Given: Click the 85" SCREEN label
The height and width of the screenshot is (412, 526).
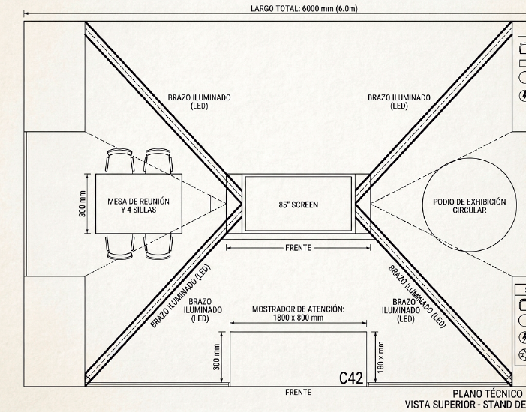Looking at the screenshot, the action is point(298,205).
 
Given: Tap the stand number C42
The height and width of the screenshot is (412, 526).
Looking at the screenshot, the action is point(351,378).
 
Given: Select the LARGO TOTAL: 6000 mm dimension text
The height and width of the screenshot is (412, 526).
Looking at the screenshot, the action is point(304,9).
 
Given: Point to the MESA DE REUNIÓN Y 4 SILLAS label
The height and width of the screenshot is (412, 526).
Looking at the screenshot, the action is point(139,205).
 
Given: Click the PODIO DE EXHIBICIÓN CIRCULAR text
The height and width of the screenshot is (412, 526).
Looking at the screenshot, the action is point(469,206).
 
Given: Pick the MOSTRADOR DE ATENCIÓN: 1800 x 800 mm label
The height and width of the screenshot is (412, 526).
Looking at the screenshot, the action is point(298,313).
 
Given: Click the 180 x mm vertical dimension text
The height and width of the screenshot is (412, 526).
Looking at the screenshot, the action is point(380,357).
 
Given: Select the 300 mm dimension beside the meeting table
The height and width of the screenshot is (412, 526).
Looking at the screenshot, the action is point(83,204).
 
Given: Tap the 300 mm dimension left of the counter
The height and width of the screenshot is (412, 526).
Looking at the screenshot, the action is point(217,357).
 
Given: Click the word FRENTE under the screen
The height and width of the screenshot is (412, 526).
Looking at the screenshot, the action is point(298,248).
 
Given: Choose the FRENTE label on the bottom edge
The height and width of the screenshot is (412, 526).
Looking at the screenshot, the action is point(298,392).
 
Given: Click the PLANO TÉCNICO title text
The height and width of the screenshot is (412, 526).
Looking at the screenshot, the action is point(488,394).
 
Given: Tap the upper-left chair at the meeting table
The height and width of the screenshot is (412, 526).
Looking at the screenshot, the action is point(120,161).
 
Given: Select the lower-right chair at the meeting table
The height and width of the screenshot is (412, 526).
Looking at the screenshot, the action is point(158,246).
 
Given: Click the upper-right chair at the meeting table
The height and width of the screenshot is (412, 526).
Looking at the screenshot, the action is point(158,161).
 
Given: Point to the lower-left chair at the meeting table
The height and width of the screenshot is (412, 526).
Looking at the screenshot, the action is point(120,246).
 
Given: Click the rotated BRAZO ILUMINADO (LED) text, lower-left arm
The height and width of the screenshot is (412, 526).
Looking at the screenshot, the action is point(180,296).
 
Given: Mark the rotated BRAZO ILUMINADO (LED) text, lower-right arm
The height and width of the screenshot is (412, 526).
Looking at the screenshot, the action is point(418,297).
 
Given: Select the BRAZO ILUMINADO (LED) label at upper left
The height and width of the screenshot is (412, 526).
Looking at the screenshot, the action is point(200,101).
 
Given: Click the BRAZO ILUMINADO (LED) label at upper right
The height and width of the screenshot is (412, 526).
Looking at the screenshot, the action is point(399,101).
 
